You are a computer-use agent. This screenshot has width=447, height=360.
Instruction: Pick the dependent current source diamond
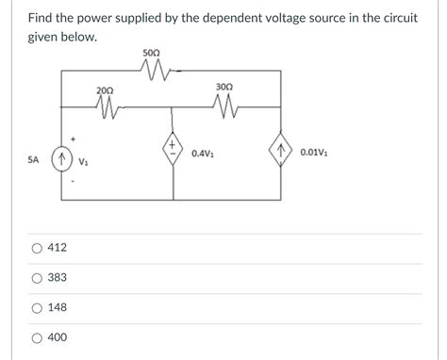click(281, 152)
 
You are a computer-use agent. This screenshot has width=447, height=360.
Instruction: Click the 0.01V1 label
click(313, 152)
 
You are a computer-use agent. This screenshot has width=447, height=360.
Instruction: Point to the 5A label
click(33, 160)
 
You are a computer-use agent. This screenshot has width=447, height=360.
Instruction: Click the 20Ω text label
click(105, 90)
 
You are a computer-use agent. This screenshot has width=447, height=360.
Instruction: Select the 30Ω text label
click(223, 87)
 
